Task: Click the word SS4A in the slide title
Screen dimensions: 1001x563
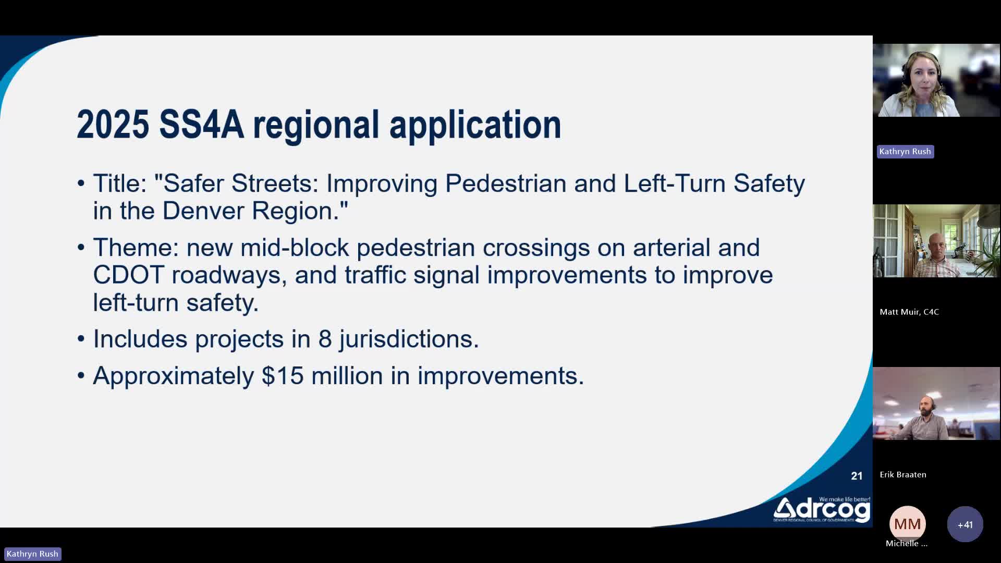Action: (202, 125)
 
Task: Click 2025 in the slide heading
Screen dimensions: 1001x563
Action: (113, 125)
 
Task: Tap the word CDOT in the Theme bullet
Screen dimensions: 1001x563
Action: (129, 275)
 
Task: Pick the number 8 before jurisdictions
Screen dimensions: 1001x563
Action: (325, 339)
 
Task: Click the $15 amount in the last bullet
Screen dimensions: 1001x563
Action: (283, 376)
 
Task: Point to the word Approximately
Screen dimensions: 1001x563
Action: (173, 376)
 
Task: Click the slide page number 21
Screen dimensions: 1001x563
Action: (857, 476)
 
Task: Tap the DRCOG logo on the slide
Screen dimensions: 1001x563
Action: (822, 509)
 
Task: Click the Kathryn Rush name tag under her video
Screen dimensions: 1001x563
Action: (905, 152)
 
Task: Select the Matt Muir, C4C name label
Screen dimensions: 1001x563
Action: (909, 312)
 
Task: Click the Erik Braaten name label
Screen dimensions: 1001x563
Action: (903, 474)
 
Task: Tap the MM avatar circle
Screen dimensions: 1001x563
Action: (907, 524)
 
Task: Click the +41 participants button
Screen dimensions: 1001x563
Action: (965, 524)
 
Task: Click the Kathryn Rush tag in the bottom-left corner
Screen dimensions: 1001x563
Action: (32, 554)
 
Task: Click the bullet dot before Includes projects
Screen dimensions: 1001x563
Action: (81, 339)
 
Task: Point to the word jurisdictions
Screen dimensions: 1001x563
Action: (409, 340)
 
